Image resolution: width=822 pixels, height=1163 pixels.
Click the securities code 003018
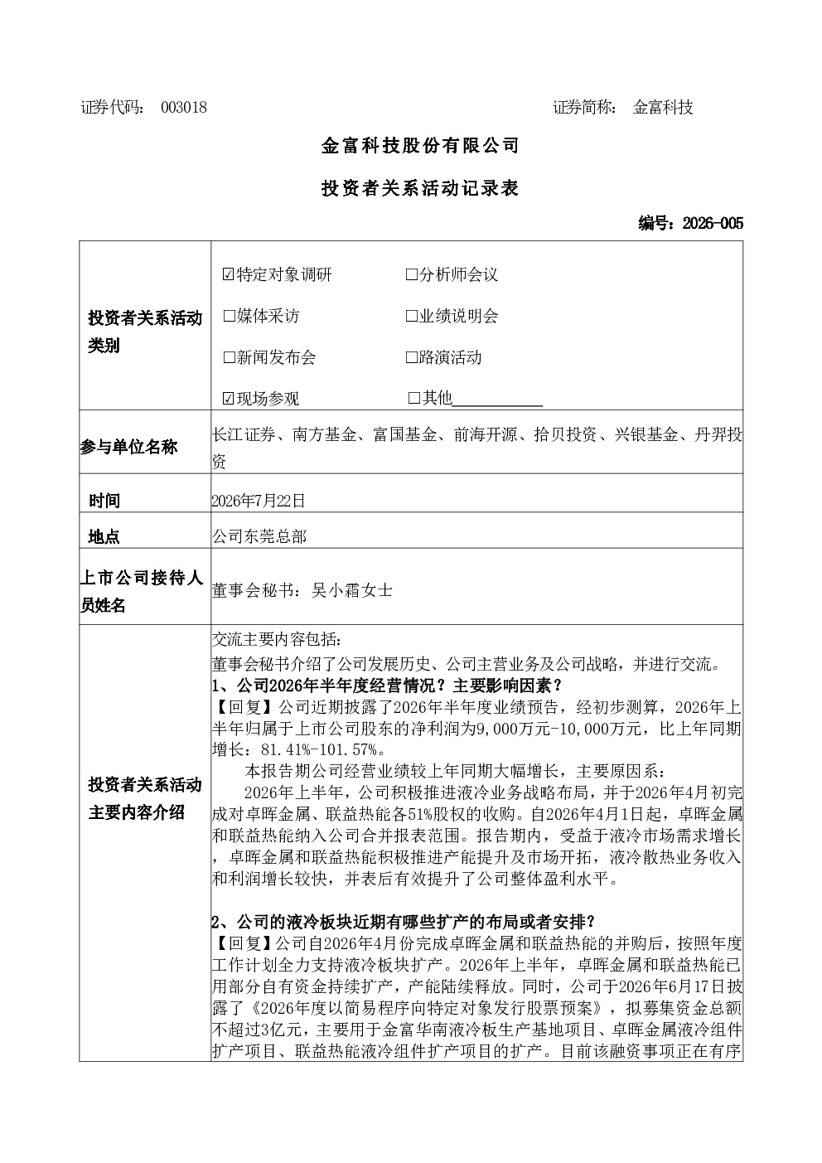[184, 108]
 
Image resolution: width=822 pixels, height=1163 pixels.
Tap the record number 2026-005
[713, 223]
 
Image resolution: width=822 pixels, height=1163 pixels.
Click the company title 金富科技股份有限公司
[420, 146]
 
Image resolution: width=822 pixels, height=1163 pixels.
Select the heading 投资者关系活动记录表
[420, 188]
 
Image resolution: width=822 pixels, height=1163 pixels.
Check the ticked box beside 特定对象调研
[229, 274]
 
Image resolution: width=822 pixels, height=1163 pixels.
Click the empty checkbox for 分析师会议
[411, 274]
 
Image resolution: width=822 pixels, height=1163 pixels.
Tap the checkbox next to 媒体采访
[229, 316]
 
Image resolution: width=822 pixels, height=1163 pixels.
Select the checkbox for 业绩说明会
[411, 316]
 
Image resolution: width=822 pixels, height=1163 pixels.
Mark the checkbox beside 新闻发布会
[229, 357]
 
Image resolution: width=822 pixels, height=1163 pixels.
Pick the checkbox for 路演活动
[411, 357]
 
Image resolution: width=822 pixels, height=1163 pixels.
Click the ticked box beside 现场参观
[229, 398]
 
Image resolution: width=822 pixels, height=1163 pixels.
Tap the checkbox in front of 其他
[414, 398]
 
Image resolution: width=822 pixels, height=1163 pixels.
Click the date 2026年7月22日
[259, 501]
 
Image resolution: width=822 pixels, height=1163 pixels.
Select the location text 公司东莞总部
[259, 536]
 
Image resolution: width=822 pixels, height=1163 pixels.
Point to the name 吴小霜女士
[352, 590]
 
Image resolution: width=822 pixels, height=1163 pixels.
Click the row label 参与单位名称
[129, 447]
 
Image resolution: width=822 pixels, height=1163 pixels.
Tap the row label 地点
[104, 536]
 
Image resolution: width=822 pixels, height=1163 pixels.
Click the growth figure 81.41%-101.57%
[320, 750]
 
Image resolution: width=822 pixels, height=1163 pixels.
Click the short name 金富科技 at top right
[663, 108]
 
